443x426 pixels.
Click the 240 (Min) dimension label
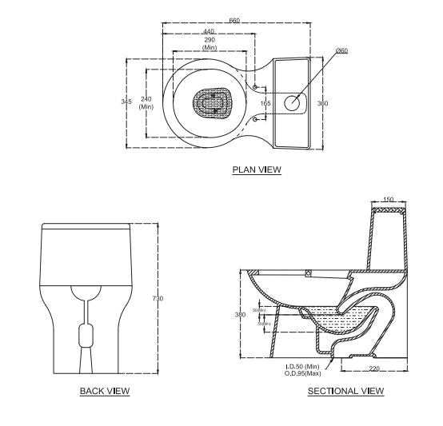pyautogui.click(x=146, y=102)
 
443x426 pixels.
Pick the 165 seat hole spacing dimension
pyautogui.click(x=265, y=103)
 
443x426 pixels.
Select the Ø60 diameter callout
pyautogui.click(x=341, y=50)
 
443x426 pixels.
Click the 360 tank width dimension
pyautogui.click(x=323, y=103)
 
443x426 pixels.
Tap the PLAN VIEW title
pyautogui.click(x=257, y=169)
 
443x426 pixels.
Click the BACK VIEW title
pyautogui.click(x=105, y=391)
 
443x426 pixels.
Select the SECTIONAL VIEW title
pyautogui.click(x=345, y=391)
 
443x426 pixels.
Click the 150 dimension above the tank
pyautogui.click(x=389, y=200)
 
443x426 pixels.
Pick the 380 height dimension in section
pyautogui.click(x=240, y=315)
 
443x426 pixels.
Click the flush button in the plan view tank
pyautogui.click(x=293, y=102)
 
